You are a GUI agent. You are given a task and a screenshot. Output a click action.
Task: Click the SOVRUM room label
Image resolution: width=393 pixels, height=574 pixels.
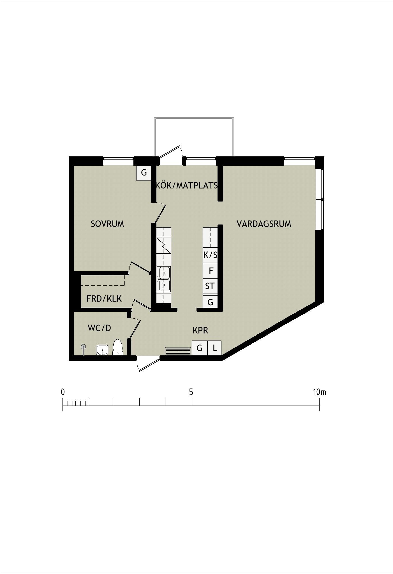(107, 224)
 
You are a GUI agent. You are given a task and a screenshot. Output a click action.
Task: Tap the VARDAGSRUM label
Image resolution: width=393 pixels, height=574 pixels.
(264, 224)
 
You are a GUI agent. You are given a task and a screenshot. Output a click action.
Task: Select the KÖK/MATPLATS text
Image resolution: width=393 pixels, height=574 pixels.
(187, 185)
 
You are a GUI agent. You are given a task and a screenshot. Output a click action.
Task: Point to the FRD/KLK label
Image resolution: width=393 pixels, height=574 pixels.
(104, 299)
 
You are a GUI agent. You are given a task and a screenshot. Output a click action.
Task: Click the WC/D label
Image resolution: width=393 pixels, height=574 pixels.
(100, 328)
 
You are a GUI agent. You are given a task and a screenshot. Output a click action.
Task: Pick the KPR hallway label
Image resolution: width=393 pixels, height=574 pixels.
(200, 330)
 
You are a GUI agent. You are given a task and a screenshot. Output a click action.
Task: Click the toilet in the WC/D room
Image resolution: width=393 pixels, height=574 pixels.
(118, 347)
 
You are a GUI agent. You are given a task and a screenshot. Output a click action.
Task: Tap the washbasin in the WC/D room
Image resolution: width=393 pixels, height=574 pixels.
(102, 350)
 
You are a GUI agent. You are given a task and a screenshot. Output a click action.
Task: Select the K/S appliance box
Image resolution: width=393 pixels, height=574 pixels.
(210, 255)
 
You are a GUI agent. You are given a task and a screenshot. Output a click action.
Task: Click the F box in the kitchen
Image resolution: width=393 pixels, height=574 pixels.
(210, 271)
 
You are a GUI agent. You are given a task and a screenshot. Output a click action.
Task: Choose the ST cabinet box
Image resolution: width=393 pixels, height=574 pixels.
(210, 286)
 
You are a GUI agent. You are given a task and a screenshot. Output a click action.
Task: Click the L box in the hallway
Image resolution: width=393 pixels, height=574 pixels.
(215, 348)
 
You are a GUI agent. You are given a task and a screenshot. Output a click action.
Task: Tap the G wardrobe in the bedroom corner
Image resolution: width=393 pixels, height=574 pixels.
(144, 173)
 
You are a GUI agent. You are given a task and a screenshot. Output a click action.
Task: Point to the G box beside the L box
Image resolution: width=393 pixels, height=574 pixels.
(200, 348)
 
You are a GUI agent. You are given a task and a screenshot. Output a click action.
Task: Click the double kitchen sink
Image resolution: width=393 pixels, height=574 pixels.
(164, 279)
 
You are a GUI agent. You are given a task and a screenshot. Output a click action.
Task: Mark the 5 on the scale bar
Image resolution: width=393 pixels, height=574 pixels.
(191, 392)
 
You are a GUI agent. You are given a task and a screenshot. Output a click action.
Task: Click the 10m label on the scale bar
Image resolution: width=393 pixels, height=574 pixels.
(320, 392)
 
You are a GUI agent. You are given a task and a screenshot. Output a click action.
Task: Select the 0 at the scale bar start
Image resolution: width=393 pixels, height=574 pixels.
(63, 392)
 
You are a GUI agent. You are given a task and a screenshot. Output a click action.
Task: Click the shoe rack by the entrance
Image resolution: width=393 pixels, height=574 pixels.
(178, 351)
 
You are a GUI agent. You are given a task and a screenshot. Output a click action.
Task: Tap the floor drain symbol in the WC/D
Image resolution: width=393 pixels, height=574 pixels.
(83, 347)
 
